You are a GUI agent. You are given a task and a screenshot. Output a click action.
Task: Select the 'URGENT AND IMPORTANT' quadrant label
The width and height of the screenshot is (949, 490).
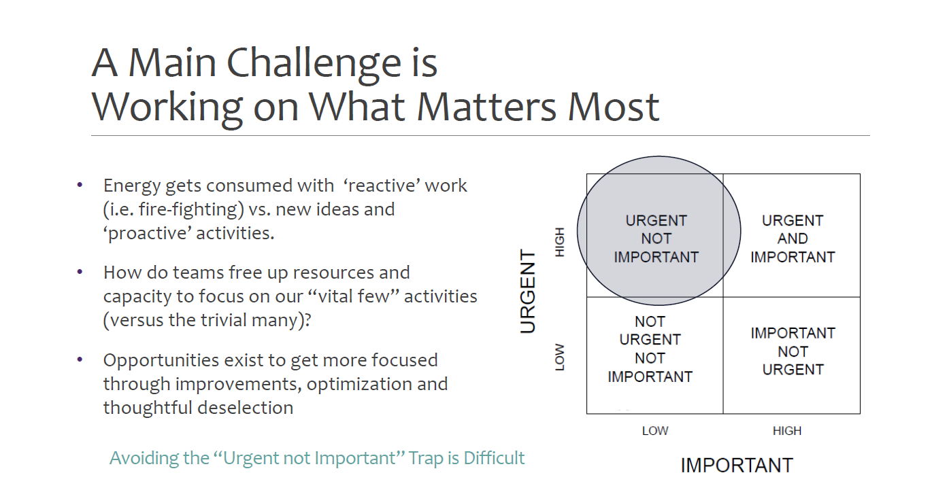(793, 239)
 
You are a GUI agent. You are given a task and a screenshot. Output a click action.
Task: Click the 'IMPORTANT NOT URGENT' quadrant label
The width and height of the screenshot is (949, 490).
(793, 351)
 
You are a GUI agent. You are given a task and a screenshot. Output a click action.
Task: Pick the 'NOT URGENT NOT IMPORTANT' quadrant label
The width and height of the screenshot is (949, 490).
(650, 349)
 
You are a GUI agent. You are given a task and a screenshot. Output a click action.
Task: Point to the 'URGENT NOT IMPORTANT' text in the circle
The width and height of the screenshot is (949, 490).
(656, 239)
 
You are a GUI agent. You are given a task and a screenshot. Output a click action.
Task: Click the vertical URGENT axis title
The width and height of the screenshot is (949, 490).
(528, 291)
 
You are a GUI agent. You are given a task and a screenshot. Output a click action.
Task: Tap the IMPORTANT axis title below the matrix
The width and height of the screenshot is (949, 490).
(737, 466)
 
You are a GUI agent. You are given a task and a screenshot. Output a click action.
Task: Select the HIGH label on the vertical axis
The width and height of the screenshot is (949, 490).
(560, 242)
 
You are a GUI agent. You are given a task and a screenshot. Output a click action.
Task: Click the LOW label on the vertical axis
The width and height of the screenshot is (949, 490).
(560, 357)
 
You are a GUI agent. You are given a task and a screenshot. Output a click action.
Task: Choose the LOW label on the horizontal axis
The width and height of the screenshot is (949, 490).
(655, 431)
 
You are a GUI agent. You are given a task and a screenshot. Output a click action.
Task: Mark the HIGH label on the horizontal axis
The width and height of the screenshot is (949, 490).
(787, 431)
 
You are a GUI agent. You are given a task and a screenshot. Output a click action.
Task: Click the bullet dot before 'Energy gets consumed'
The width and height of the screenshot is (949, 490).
(80, 184)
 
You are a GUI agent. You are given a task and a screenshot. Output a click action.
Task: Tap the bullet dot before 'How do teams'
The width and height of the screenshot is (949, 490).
(80, 272)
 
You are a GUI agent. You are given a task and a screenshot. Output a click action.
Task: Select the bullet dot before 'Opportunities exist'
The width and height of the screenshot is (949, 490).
(80, 360)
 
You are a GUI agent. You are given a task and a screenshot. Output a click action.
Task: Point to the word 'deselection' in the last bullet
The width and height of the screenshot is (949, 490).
(246, 408)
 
